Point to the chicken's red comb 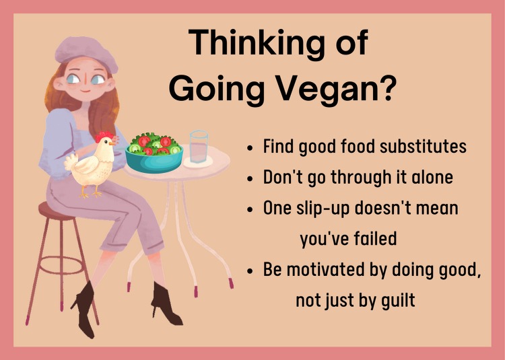pyautogui.click(x=104, y=136)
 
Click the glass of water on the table pyautogui.click(x=199, y=147)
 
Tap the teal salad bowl pyautogui.click(x=154, y=159)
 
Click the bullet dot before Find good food pyautogui.click(x=250, y=148)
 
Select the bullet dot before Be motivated pyautogui.click(x=250, y=271)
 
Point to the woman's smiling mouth pyautogui.click(x=86, y=91)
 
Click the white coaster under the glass pyautogui.click(x=198, y=161)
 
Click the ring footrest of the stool pyautogui.click(x=61, y=265)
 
